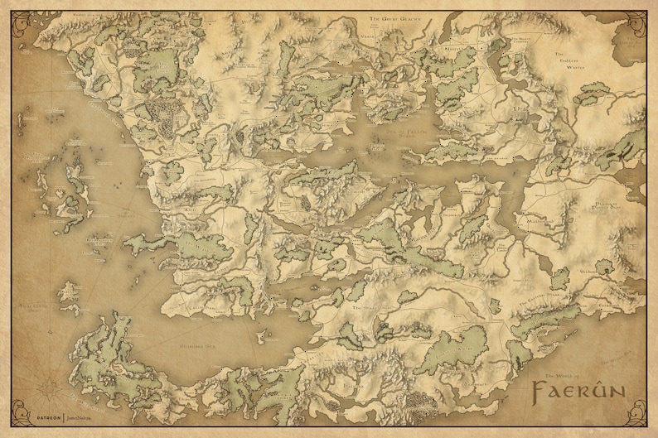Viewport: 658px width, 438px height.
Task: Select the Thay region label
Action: [x=521, y=110]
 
